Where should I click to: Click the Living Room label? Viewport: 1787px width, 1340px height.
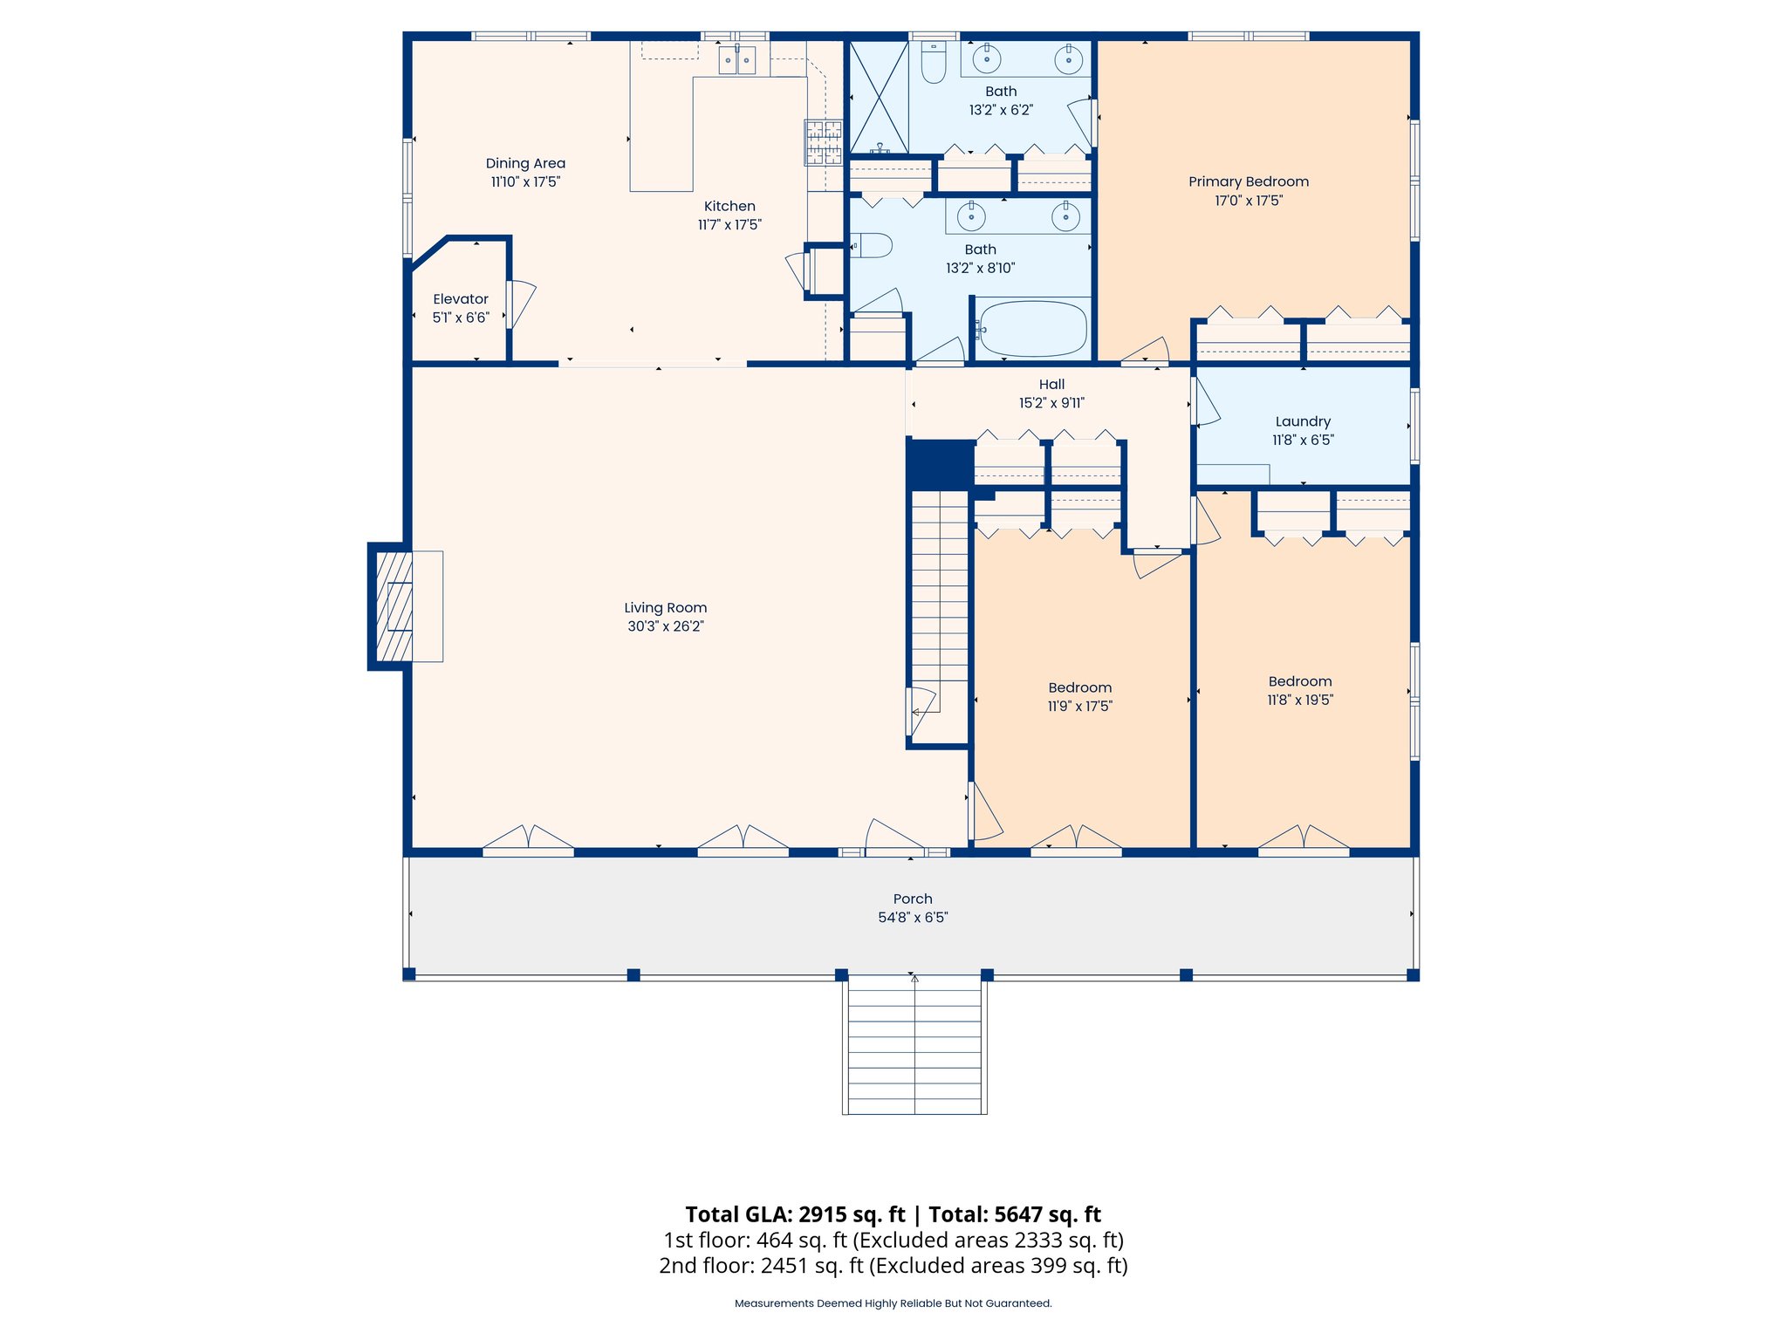tap(665, 608)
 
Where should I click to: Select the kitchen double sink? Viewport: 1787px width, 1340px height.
tap(736, 60)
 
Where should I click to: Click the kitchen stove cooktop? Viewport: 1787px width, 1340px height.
tap(824, 142)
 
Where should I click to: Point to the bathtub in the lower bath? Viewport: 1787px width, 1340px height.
tap(1032, 329)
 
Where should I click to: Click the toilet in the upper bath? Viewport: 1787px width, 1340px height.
tap(934, 62)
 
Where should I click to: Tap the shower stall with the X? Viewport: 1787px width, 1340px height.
tap(879, 97)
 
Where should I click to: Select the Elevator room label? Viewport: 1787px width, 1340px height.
tap(461, 299)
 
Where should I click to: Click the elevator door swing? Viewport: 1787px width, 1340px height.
tap(522, 304)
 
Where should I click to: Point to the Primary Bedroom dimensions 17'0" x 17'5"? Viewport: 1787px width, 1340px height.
tap(1249, 201)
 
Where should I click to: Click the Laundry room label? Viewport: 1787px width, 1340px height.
tap(1303, 421)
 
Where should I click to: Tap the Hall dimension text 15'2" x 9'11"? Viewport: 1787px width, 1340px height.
tap(1051, 403)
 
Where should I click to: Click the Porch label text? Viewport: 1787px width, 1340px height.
tap(913, 899)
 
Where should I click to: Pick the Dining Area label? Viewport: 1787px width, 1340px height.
tap(525, 163)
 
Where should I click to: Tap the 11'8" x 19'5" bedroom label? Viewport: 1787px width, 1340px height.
tap(1300, 691)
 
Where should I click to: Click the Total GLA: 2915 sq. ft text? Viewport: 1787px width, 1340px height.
tap(795, 1214)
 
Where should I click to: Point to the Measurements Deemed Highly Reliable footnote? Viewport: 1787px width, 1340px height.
tap(893, 1303)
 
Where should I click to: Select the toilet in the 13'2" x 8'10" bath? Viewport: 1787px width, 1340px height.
tap(872, 245)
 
